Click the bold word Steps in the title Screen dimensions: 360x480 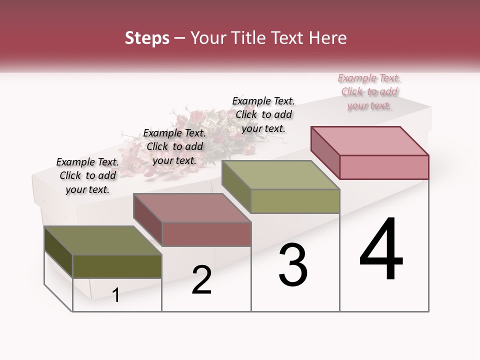[x=147, y=38]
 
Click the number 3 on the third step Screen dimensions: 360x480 [x=293, y=265]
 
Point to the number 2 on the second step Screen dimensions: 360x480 [x=202, y=280]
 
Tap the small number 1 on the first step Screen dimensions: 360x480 [x=116, y=295]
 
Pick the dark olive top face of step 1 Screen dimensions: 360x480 [x=103, y=240]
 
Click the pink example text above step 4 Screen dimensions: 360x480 [x=369, y=92]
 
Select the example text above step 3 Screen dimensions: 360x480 [x=263, y=114]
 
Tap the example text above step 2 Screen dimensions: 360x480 [x=174, y=146]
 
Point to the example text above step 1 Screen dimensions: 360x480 [x=87, y=175]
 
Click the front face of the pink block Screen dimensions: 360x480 [x=384, y=167]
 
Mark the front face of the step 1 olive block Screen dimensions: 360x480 [x=117, y=266]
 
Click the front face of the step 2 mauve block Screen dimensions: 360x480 [x=206, y=234]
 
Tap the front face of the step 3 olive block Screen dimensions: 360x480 [x=295, y=201]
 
